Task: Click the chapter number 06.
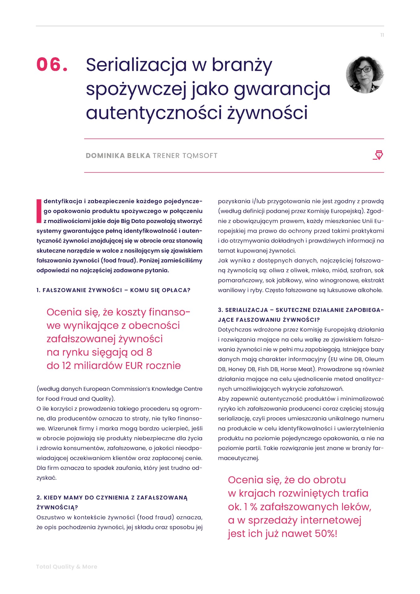(x=52, y=65)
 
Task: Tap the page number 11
(x=382, y=35)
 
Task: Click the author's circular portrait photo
(x=365, y=75)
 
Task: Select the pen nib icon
(x=378, y=155)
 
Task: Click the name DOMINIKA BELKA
(x=118, y=156)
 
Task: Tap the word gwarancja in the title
(x=282, y=89)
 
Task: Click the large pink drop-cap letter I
(x=39, y=211)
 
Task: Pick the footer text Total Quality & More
(x=67, y=566)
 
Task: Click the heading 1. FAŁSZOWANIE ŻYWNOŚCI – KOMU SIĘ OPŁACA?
(x=113, y=290)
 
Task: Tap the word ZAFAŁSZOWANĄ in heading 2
(x=162, y=497)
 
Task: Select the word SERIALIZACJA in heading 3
(x=246, y=310)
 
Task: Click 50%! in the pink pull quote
(x=326, y=533)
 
